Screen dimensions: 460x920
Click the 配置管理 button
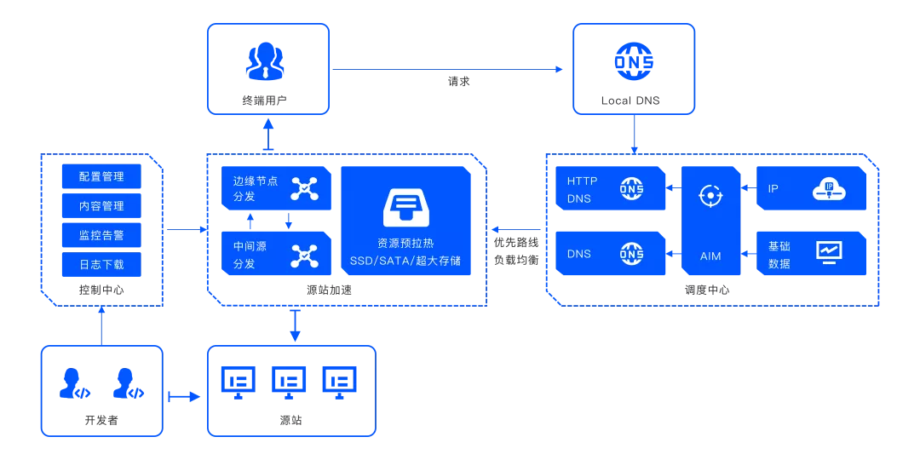[101, 176]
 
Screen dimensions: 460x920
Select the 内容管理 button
[101, 206]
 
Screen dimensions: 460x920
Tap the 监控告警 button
[101, 235]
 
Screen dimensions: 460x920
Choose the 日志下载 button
[101, 264]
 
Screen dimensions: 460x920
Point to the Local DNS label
[630, 101]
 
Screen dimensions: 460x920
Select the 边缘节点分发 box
[276, 188]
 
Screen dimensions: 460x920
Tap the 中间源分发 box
[276, 255]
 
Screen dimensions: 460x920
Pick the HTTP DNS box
[610, 189]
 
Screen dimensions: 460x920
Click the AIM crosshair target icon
[710, 196]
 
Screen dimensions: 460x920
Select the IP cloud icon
[828, 188]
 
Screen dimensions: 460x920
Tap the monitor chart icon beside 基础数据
[828, 251]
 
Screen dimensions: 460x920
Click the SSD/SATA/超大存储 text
[405, 260]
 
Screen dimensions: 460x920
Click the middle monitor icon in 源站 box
[289, 381]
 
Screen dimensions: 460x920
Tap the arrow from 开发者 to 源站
[184, 396]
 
